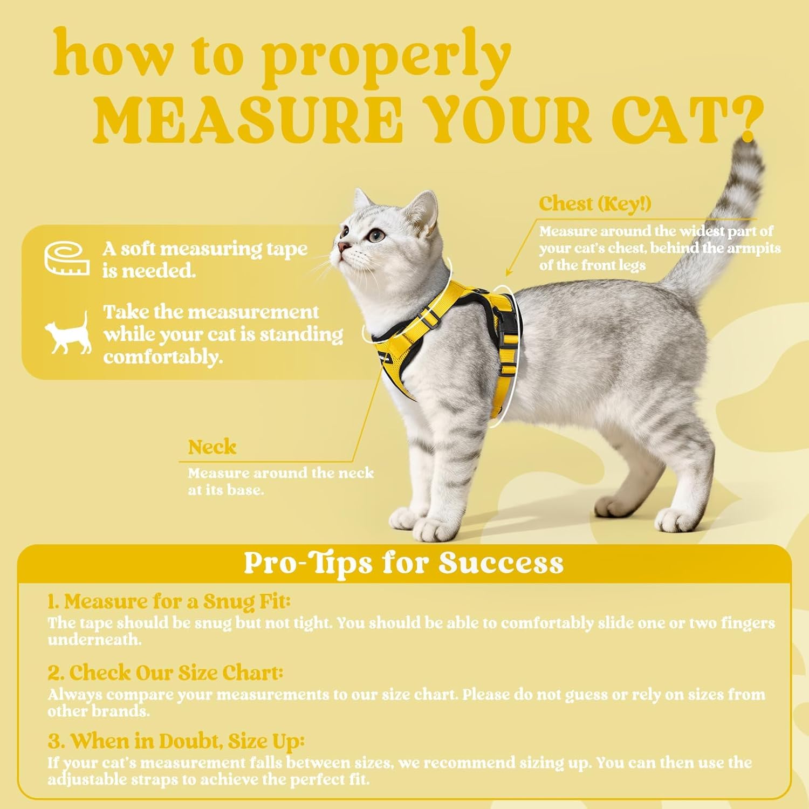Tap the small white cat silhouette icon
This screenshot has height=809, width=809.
click(68, 333)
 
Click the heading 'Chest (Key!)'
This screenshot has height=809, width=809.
click(594, 204)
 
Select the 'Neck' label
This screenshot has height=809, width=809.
click(212, 447)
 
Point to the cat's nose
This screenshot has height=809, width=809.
click(341, 248)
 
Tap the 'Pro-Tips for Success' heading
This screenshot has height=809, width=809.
click(403, 563)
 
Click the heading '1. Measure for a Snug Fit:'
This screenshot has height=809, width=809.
click(169, 601)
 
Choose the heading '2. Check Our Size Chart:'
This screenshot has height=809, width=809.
click(165, 673)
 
